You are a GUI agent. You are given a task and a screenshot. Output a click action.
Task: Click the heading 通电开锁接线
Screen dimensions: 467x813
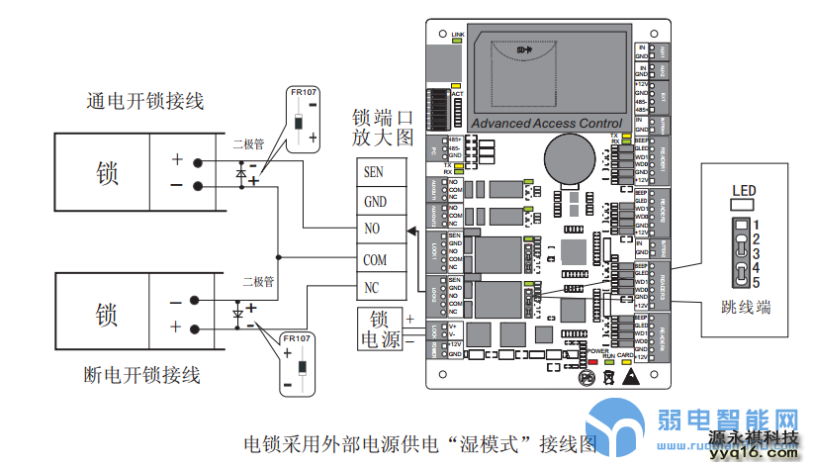144,101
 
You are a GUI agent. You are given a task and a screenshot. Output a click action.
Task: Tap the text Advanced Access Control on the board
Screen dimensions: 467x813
547,124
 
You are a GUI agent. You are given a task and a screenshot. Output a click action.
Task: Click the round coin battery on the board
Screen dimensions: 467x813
568,158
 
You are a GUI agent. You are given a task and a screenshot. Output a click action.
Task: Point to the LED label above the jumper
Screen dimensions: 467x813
744,191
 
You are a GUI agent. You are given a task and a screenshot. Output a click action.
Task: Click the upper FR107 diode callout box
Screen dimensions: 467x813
303,118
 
